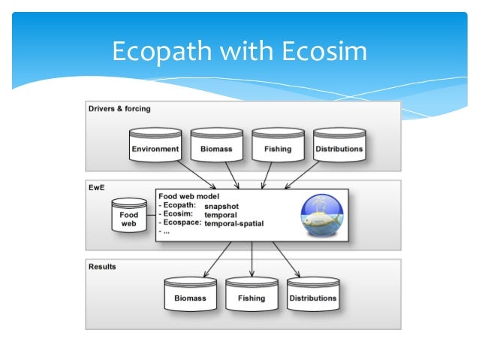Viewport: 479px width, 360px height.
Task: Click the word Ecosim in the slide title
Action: click(324, 51)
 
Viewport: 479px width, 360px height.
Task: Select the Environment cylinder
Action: click(155, 147)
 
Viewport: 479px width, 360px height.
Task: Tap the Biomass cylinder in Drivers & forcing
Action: click(217, 147)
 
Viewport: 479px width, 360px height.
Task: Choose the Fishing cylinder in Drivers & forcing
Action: click(278, 147)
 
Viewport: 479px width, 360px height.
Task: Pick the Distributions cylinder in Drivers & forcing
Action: click(339, 147)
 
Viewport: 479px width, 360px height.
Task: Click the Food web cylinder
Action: click(129, 217)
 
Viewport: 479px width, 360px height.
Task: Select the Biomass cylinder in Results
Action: click(190, 296)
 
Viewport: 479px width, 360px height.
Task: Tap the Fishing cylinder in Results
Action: click(252, 296)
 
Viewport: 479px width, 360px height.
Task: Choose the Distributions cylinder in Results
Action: click(313, 296)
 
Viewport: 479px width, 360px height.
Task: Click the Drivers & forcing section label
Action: click(119, 109)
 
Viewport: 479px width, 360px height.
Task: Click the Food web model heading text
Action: click(189, 196)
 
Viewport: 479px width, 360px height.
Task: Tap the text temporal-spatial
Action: click(234, 223)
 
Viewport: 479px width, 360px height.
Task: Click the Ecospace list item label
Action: click(181, 223)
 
